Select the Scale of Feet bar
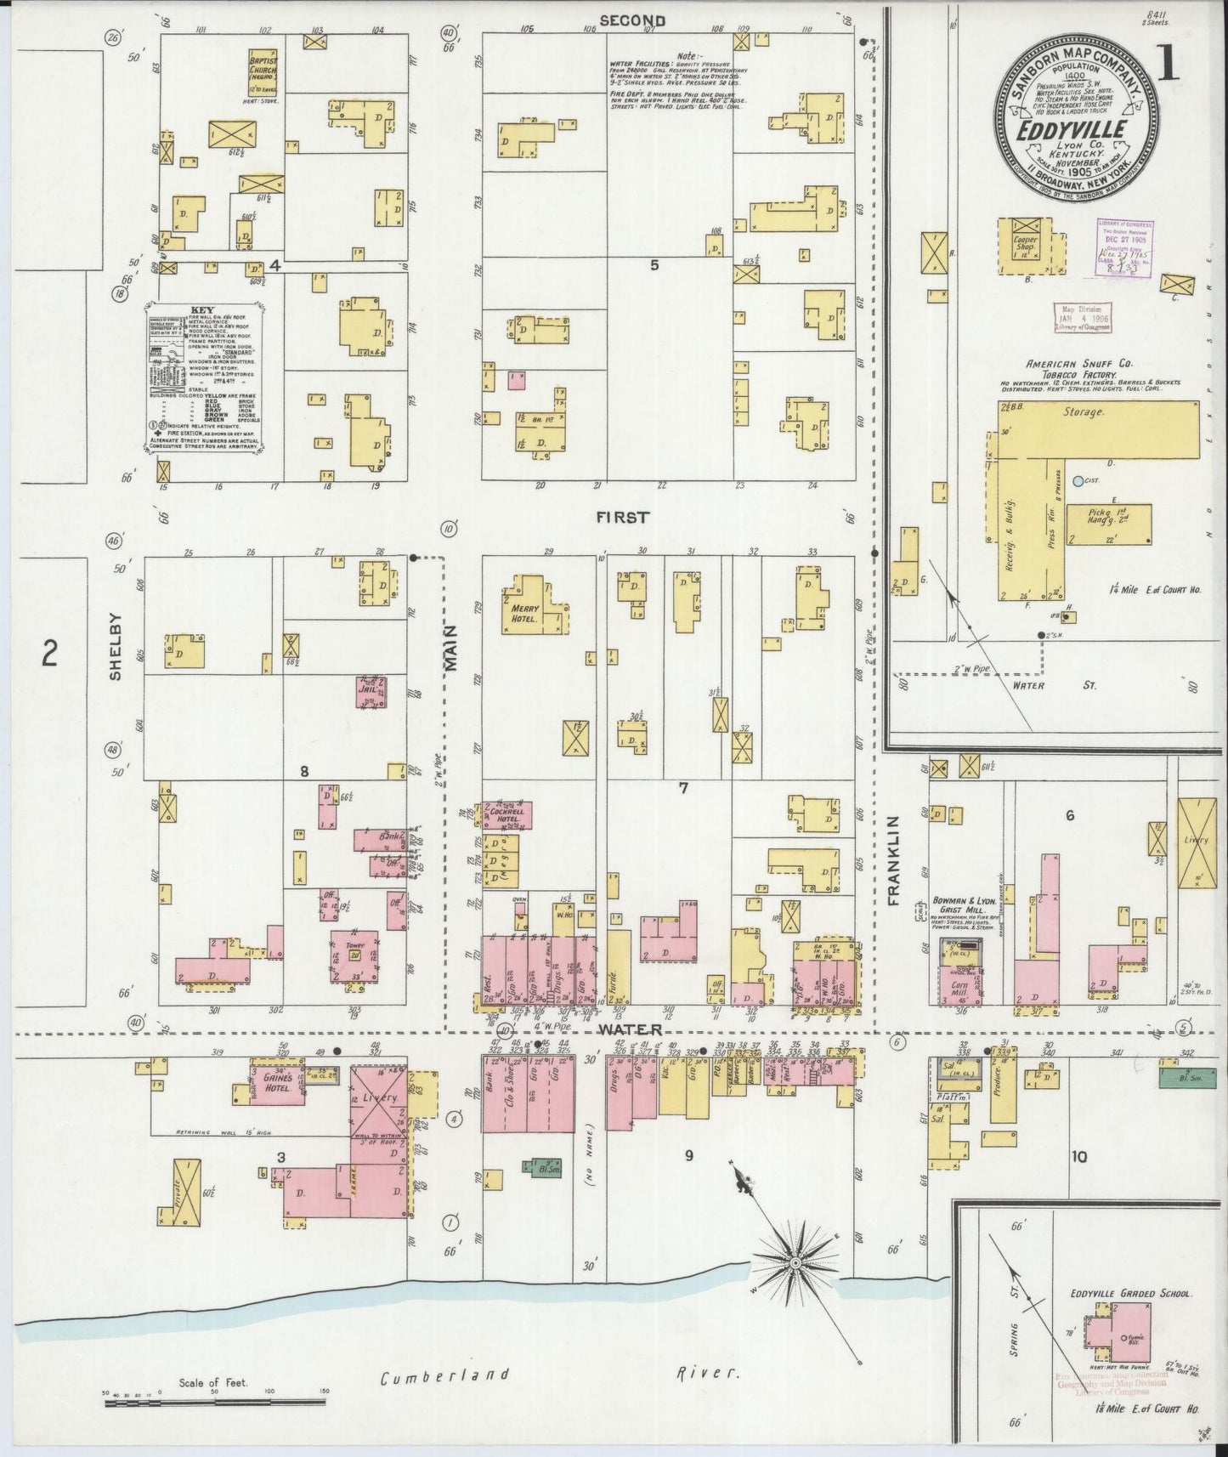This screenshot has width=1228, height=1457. [217, 1403]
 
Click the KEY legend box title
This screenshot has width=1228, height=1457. [202, 310]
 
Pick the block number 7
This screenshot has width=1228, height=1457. [682, 788]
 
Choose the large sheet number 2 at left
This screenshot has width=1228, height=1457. [50, 654]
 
